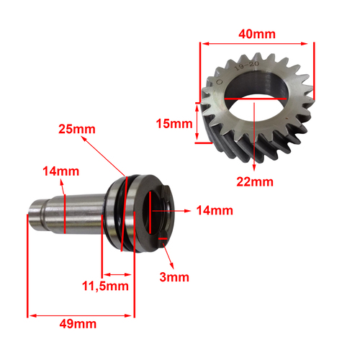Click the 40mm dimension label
coord(257,34)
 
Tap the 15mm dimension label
coord(174,124)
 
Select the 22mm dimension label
coord(255,182)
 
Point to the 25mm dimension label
coord(77,129)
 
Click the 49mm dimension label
coord(78,324)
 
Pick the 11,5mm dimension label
coord(105,287)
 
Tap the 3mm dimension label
coord(174,277)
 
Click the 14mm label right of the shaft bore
coord(215,210)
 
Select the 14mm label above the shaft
coord(61,171)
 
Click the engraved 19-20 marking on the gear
coord(247,66)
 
